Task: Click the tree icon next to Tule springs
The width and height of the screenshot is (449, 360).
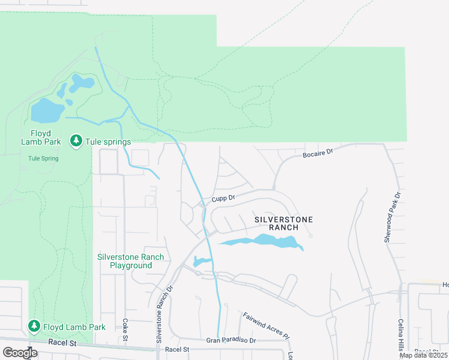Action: click(76, 141)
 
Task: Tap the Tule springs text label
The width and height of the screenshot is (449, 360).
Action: click(108, 142)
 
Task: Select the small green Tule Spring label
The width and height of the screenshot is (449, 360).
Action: click(43, 158)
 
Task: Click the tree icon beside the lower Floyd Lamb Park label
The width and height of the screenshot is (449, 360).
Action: click(34, 326)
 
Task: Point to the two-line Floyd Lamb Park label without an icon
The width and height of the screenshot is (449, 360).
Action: click(41, 137)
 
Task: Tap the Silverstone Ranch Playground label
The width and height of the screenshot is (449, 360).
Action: click(130, 261)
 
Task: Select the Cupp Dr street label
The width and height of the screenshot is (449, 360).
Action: click(222, 197)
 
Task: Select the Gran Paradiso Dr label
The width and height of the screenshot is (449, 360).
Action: click(231, 340)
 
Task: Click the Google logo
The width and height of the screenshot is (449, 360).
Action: click(20, 352)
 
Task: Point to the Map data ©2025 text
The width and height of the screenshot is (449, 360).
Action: click(423, 355)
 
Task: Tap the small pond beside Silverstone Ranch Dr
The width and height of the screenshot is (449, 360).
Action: click(201, 262)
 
